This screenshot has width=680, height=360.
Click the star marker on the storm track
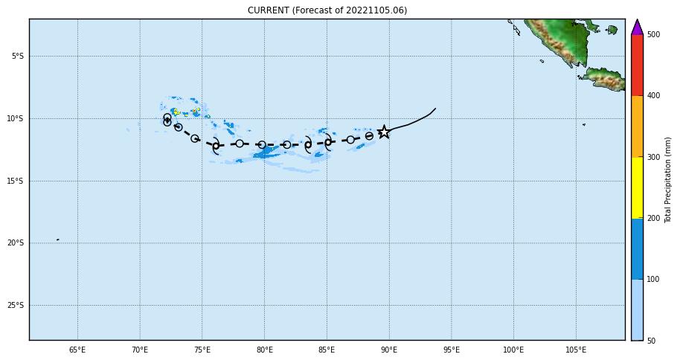(384, 132)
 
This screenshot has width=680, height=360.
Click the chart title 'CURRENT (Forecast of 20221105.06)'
(327, 10)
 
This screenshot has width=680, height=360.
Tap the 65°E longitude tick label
(77, 350)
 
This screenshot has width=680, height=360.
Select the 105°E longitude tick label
(575, 350)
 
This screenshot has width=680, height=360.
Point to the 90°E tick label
(388, 350)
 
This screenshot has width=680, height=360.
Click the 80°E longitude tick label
(264, 350)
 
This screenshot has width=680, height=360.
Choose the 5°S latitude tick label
(17, 57)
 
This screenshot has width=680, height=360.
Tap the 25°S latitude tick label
(16, 305)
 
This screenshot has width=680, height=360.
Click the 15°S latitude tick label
(16, 181)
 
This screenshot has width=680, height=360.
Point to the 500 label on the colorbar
(653, 34)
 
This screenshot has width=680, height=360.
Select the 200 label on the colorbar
(653, 218)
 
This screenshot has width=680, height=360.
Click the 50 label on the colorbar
(651, 341)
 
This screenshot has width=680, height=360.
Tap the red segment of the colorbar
(637, 65)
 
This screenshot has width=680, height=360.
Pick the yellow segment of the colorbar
(637, 187)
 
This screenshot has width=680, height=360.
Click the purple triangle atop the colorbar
(637, 28)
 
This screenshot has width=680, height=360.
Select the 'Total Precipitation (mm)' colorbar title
(668, 179)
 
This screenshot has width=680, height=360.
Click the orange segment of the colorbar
(637, 126)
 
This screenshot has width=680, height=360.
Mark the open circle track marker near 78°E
(240, 144)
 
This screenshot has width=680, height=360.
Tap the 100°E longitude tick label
(513, 350)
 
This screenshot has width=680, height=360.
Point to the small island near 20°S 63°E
(57, 240)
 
